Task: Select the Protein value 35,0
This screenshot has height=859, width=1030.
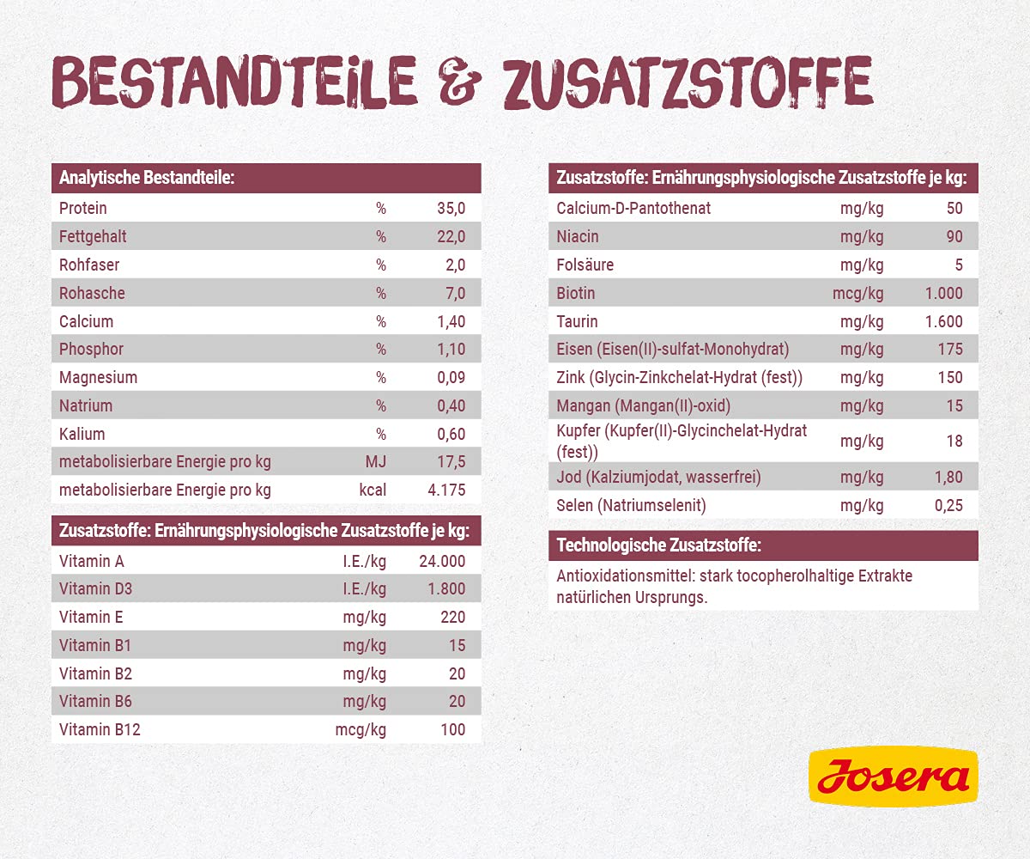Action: pos(451,208)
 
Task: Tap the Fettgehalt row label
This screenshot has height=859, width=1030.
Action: pos(93,236)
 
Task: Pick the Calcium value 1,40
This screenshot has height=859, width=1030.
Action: pos(451,321)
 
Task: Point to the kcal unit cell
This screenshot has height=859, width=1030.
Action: pos(373,490)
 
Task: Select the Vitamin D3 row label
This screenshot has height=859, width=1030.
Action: pos(96,589)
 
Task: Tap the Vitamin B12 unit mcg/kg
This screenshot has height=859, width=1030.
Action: pos(360,729)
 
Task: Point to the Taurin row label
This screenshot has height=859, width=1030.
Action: pos(577,321)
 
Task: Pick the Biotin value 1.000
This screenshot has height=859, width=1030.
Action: pos(943,293)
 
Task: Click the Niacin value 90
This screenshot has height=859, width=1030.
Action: pos(954,236)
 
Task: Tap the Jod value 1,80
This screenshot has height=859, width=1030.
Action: pos(948,477)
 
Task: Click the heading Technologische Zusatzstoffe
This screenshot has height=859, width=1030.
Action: pos(658,545)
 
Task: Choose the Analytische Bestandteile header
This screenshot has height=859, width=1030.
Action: pos(147,179)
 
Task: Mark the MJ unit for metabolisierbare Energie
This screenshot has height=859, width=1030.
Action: pos(376,462)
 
